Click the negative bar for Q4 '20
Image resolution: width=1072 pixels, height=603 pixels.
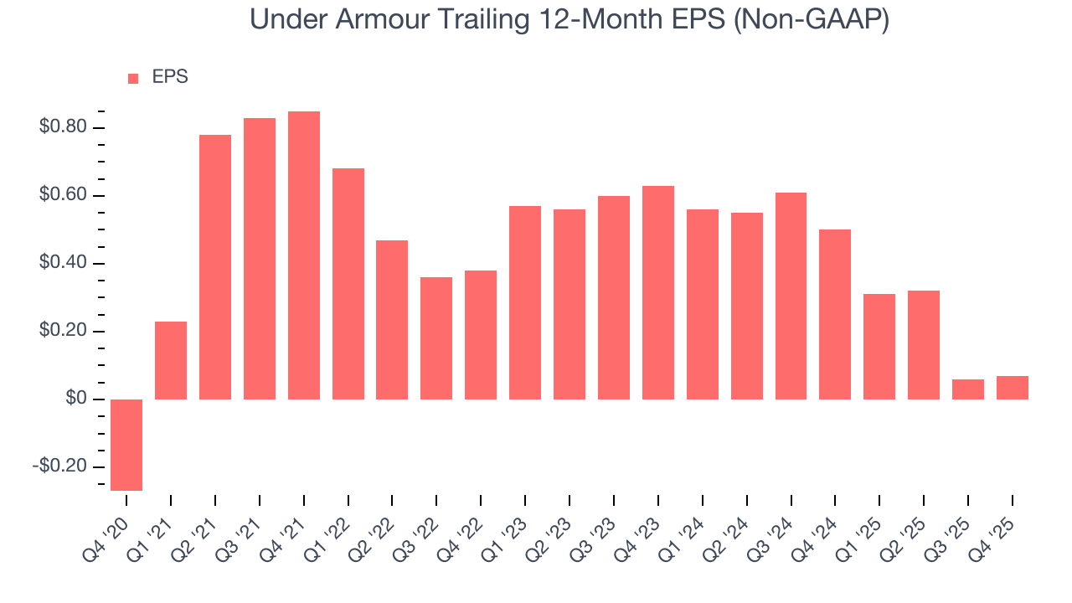click(x=126, y=445)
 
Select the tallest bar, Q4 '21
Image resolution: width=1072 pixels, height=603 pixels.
click(x=303, y=255)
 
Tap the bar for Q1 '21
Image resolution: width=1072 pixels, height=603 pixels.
click(x=171, y=360)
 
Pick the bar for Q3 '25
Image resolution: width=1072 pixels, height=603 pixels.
click(x=968, y=389)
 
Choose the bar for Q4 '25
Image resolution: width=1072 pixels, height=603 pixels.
click(x=1012, y=388)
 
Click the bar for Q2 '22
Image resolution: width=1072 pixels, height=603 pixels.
click(x=392, y=320)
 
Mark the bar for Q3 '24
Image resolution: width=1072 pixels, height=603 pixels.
click(x=791, y=296)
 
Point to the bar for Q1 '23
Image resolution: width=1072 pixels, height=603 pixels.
click(x=524, y=302)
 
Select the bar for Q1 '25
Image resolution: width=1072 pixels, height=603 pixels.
click(x=879, y=347)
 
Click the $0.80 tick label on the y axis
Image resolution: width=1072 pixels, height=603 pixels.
click(x=62, y=127)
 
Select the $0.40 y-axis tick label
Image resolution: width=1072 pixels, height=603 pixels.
click(x=62, y=263)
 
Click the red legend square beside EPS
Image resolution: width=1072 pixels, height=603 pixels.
click(x=133, y=78)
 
